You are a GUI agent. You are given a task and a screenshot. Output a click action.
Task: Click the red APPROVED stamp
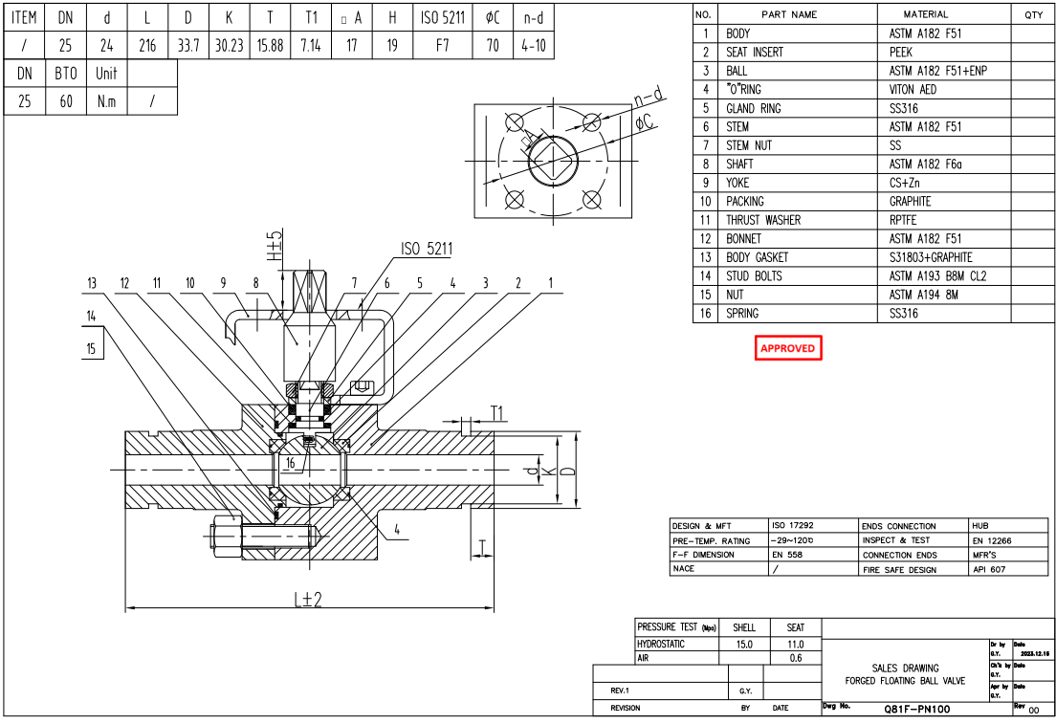pos(788,348)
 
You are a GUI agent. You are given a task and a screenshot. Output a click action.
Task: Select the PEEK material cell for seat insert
pos(901,53)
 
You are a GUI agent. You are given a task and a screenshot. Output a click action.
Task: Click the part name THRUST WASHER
pos(762,220)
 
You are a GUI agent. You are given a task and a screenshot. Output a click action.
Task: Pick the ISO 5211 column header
pos(443,17)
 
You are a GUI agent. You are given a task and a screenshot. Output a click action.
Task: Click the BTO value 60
pos(66,101)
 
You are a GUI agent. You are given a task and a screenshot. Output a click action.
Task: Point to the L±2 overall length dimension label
pos(307,600)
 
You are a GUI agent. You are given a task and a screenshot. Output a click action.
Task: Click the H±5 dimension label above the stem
pos(275,246)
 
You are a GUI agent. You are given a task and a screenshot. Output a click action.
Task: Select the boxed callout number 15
pos(92,348)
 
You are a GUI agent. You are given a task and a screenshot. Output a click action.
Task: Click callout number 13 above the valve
pos(92,283)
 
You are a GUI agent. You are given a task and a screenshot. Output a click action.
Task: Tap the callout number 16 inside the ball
pos(290,463)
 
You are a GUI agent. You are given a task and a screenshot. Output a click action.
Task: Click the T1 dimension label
pos(498,411)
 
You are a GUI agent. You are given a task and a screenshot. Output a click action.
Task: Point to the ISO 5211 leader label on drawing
pos(427,249)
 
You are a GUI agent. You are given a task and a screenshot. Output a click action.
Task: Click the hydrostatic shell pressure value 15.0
pos(744,645)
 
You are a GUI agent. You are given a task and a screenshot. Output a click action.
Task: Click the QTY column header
pos(1033,14)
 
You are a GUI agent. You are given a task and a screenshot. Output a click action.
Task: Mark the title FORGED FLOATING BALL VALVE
pos(905,681)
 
